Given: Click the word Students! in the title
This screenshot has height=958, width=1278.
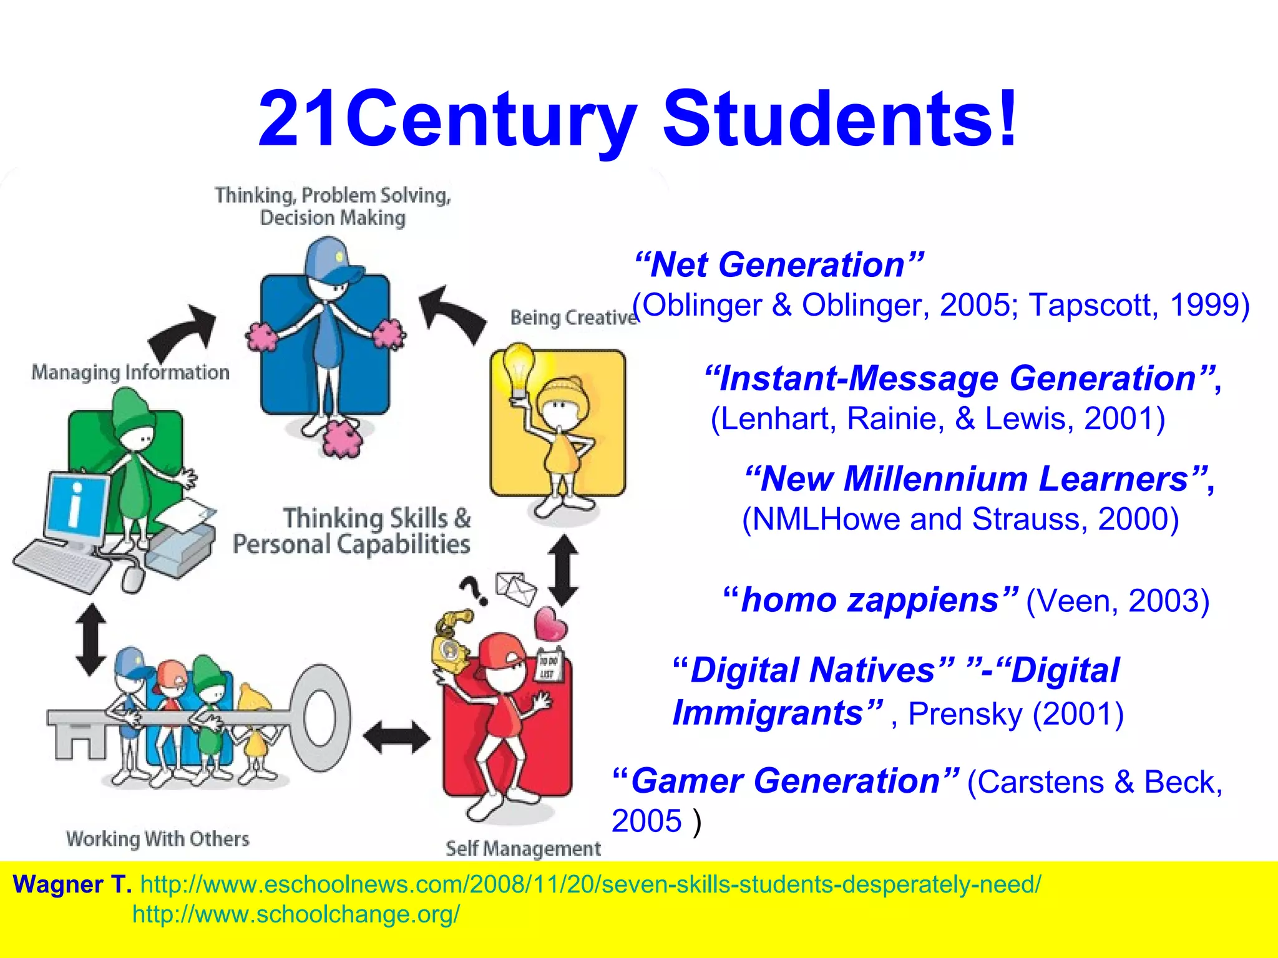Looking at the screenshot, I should [840, 119].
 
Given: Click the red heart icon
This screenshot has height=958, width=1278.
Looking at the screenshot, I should [550, 624].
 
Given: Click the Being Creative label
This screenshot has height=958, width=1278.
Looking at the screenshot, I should [573, 317].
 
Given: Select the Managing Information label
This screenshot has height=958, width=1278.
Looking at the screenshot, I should [130, 373].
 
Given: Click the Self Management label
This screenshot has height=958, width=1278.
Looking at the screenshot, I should [523, 848].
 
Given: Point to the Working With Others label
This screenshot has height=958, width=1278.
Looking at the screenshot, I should [158, 839].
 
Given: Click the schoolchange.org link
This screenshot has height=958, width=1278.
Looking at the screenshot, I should [296, 914].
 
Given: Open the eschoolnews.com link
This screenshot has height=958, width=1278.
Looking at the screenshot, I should [590, 884].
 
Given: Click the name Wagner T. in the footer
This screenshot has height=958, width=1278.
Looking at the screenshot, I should [72, 884].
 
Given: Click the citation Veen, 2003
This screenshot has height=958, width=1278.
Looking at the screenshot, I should [1117, 601].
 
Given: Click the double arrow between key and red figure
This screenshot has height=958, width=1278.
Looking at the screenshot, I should [396, 738].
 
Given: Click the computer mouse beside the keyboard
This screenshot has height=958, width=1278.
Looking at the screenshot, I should [132, 578].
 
